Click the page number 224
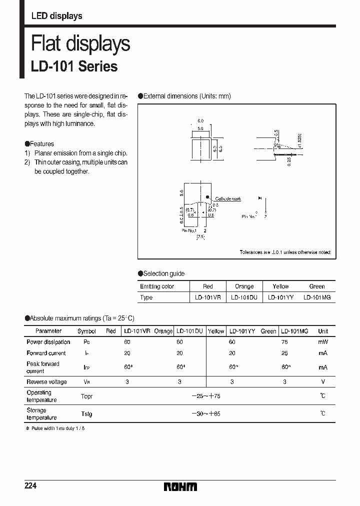(31, 486)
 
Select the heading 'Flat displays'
(80, 44)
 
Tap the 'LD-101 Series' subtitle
(74, 66)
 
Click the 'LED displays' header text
(56, 16)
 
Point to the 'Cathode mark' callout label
(228, 198)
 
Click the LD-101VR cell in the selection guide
(207, 297)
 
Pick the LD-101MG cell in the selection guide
(316, 297)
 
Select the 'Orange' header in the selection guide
(244, 286)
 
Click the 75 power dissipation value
(284, 342)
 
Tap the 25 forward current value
(284, 353)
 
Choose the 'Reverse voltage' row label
(46, 382)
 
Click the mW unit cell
(323, 342)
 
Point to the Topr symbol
(86, 396)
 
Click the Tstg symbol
(86, 414)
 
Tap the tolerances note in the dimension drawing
(285, 252)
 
